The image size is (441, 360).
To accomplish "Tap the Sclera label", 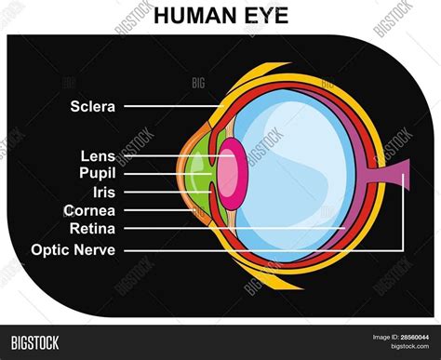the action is (93, 106).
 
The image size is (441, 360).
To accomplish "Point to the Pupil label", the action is (98, 172).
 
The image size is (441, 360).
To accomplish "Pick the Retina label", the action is (92, 227).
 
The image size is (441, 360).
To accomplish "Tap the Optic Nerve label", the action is (73, 249).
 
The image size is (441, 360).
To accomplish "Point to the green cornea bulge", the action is (197, 177).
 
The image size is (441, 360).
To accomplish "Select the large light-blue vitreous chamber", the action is (298, 167).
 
